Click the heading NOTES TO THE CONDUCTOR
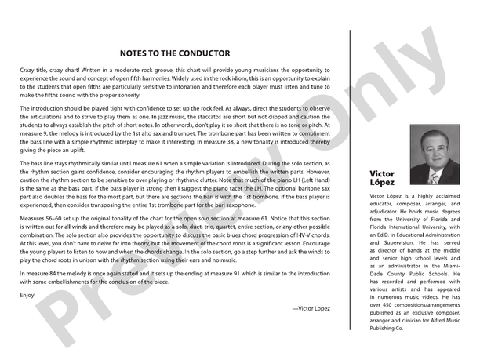174,53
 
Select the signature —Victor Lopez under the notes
313,309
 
